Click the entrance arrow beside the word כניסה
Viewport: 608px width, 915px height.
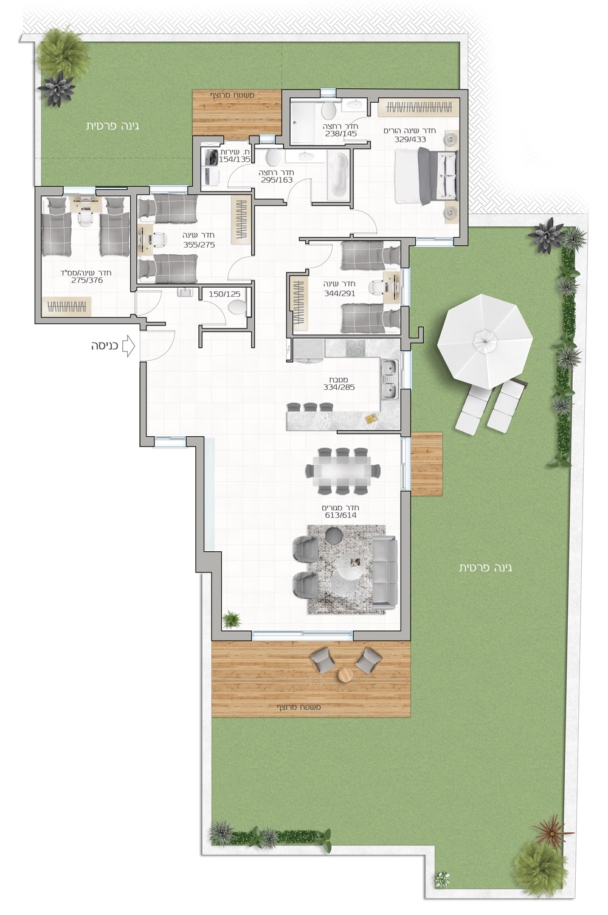(x=129, y=346)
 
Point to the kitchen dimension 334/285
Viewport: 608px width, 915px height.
(x=339, y=388)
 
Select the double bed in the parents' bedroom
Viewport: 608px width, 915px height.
(x=427, y=176)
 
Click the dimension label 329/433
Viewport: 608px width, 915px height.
(x=410, y=139)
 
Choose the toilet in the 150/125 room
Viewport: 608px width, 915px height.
(x=238, y=308)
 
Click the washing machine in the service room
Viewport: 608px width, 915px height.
(x=211, y=156)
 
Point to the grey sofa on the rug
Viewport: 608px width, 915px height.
(x=384, y=571)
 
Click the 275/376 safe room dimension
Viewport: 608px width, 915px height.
(x=87, y=280)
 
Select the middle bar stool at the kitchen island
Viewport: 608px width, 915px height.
(x=310, y=407)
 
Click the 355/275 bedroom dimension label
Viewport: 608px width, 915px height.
(x=199, y=245)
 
